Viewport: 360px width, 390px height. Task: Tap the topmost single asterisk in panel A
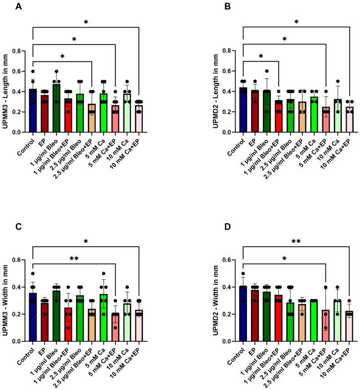[x=85, y=21]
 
